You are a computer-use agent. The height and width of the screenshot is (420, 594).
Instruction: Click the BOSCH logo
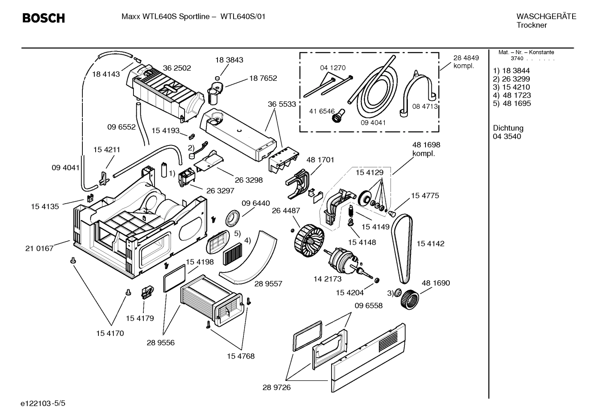tap(43, 18)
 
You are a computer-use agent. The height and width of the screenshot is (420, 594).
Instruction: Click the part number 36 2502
tap(177, 68)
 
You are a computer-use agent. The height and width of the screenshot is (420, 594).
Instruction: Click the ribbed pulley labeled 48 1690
tap(409, 299)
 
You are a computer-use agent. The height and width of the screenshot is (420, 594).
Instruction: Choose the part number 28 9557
tap(268, 284)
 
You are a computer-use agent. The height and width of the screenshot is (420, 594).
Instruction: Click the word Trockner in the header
tap(531, 25)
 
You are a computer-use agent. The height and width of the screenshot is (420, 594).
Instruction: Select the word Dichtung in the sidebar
tap(508, 128)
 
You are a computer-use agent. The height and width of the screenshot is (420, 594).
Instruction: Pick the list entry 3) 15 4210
tap(511, 87)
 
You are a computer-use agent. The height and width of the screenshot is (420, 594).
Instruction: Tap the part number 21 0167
tap(40, 248)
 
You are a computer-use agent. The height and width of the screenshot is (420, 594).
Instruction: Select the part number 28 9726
tap(276, 387)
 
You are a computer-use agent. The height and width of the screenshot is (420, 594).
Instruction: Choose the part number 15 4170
tap(110, 333)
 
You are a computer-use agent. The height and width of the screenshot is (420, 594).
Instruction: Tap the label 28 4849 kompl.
tap(466, 62)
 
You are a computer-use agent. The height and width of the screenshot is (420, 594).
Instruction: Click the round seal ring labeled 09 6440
tap(234, 218)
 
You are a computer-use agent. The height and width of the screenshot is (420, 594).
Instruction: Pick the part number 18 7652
tap(263, 78)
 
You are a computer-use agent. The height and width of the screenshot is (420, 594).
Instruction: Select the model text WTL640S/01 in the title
tap(243, 16)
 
